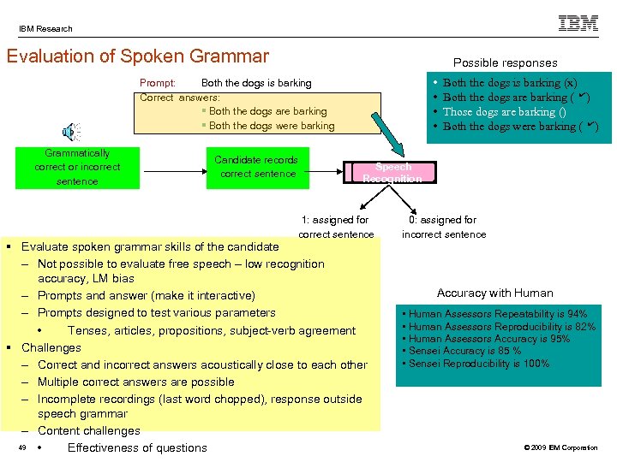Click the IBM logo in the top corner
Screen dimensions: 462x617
click(x=578, y=24)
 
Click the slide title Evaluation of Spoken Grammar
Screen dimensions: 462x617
click(x=137, y=57)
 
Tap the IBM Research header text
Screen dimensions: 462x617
click(x=46, y=29)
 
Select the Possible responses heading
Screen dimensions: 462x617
click(x=505, y=62)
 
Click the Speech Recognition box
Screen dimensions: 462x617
click(x=392, y=173)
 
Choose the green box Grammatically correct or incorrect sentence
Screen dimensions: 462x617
click(x=77, y=167)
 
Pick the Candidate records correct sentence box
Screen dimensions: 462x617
click(x=256, y=167)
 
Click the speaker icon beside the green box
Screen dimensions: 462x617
click(x=70, y=132)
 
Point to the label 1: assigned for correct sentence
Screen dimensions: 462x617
click(x=336, y=227)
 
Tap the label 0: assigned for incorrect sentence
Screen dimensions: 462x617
click(x=443, y=227)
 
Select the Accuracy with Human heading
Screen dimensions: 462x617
click(x=494, y=293)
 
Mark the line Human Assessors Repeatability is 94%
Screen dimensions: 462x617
click(x=497, y=314)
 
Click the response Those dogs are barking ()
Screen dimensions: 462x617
click(x=504, y=112)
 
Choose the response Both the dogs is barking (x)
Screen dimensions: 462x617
click(x=509, y=83)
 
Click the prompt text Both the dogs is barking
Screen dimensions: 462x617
click(x=255, y=83)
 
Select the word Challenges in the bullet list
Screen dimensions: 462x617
click(x=51, y=347)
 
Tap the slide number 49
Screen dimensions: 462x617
click(x=22, y=447)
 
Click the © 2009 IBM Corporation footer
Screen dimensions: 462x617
click(x=560, y=448)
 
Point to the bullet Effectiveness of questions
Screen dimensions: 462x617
click(x=137, y=447)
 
